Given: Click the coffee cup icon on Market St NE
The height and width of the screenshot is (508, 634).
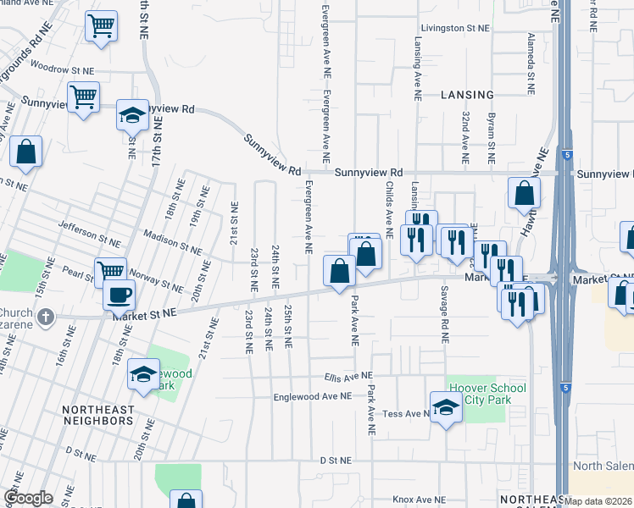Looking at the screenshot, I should click(119, 295).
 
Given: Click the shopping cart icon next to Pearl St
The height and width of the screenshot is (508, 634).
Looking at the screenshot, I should click(110, 272).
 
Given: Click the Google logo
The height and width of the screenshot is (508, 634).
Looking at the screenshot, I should click(28, 498).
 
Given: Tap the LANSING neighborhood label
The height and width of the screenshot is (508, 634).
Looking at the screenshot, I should click(467, 95).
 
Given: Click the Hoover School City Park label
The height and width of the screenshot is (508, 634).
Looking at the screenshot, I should click(487, 395).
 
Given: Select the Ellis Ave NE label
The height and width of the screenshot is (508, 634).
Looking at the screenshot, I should click(348, 375).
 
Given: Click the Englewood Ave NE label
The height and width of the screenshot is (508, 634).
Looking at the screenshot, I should click(312, 395).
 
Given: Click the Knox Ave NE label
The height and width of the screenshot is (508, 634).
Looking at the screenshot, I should click(419, 500).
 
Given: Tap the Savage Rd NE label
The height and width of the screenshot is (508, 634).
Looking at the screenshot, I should click(443, 314).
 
